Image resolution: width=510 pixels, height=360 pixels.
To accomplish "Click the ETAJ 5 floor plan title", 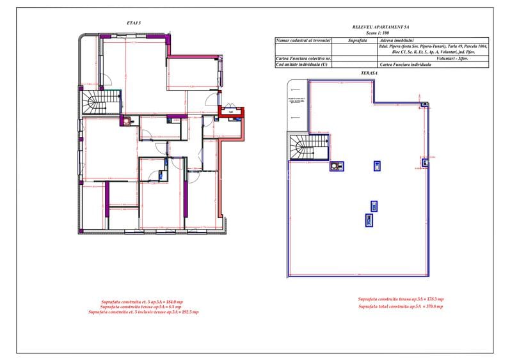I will click(x=134, y=23).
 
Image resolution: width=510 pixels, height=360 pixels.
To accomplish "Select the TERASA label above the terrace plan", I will click(x=368, y=74).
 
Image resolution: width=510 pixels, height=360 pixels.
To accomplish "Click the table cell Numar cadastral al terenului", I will click(x=303, y=40).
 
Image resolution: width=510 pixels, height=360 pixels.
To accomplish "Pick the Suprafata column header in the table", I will click(x=357, y=40).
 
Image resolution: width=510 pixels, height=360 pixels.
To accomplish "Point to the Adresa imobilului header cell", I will click(x=397, y=40).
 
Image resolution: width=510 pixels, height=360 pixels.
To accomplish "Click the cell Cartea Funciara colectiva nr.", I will click(x=303, y=58).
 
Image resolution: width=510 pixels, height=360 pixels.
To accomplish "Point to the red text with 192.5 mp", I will click(x=143, y=312).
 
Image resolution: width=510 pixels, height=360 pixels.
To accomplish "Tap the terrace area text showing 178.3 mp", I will click(x=401, y=299).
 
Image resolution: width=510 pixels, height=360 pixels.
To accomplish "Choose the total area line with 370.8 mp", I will click(x=401, y=307).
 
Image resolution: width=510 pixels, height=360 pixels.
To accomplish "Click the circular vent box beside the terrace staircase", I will click(x=336, y=167).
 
